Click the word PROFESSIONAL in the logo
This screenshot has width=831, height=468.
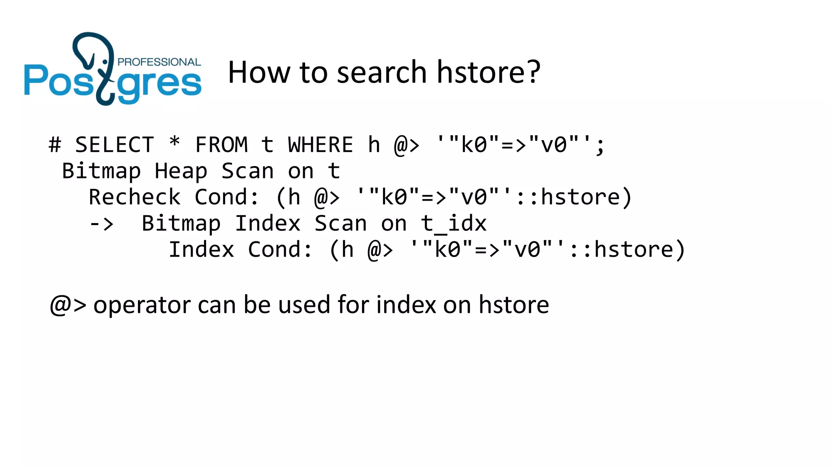(x=159, y=62)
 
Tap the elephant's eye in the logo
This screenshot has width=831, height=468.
(x=105, y=62)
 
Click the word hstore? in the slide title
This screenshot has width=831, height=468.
(x=489, y=72)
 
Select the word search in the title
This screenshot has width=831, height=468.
(x=381, y=72)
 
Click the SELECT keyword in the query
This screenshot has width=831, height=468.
(x=114, y=145)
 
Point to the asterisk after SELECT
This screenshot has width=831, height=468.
(x=174, y=143)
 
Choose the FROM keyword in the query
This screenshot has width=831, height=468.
(x=221, y=145)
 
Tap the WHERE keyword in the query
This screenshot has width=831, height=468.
(x=321, y=145)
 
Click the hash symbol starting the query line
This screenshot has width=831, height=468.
(x=55, y=145)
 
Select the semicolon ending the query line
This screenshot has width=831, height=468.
(x=600, y=146)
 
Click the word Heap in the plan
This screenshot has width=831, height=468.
(x=181, y=171)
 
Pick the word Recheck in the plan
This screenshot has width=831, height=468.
(x=134, y=197)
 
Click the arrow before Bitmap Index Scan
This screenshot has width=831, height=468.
(x=101, y=224)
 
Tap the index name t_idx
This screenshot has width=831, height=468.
(x=454, y=224)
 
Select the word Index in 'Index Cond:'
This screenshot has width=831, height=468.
(x=201, y=250)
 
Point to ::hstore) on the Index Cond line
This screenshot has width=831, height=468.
(x=627, y=250)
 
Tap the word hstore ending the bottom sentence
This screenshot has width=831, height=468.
(x=514, y=305)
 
